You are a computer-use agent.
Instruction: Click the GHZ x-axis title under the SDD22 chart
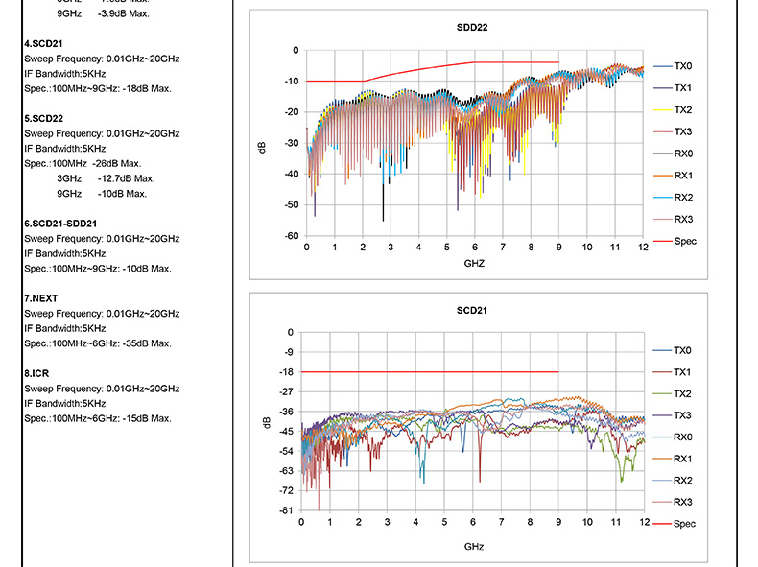coord(475,262)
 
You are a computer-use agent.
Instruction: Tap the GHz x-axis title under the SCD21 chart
coord(474,545)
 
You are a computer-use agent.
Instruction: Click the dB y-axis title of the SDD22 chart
coord(261,148)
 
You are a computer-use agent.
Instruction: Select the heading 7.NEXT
coord(40,298)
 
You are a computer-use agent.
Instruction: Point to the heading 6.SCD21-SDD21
coord(60,224)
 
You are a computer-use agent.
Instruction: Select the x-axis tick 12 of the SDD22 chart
coord(643,248)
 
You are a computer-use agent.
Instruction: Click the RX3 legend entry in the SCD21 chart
coord(682,502)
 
